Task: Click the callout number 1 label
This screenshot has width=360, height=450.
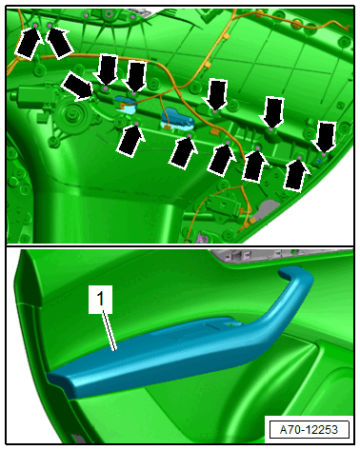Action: (x=100, y=300)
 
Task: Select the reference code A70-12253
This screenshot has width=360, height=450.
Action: (x=309, y=430)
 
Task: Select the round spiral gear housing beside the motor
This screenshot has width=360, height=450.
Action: (x=73, y=116)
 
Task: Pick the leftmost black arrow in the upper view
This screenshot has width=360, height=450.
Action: (x=29, y=43)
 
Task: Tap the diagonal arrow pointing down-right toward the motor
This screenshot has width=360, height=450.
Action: (x=78, y=87)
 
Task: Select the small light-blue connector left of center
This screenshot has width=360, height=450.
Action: (x=125, y=105)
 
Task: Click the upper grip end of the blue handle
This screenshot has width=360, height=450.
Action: (x=295, y=273)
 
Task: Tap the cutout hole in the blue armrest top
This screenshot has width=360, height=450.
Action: (x=234, y=324)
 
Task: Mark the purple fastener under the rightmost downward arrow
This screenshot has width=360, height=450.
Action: (x=323, y=154)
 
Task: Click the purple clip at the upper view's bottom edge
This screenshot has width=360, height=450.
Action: (x=202, y=237)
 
